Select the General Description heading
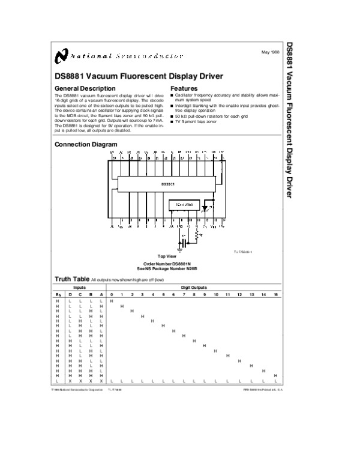[81, 88]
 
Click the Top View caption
[166, 256]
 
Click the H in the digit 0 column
[112, 301]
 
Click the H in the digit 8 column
[194, 340]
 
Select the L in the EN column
[58, 381]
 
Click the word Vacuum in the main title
[106, 76]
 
